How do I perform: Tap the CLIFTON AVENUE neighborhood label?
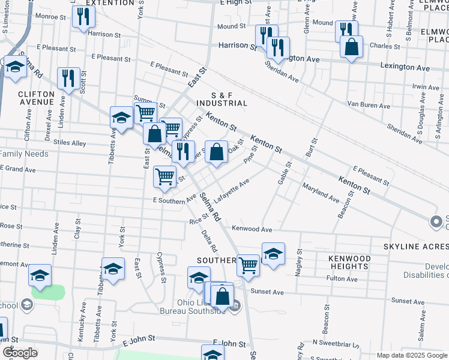(36, 98)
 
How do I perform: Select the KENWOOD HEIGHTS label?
(349, 262)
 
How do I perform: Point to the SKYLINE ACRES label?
(417, 247)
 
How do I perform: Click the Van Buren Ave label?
(369, 106)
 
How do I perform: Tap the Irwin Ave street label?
(426, 87)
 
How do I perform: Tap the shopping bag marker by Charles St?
(351, 47)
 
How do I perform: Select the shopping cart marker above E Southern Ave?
(165, 176)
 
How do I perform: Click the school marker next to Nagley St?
(273, 253)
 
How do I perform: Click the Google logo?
(20, 353)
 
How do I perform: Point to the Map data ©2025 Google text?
(412, 355)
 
